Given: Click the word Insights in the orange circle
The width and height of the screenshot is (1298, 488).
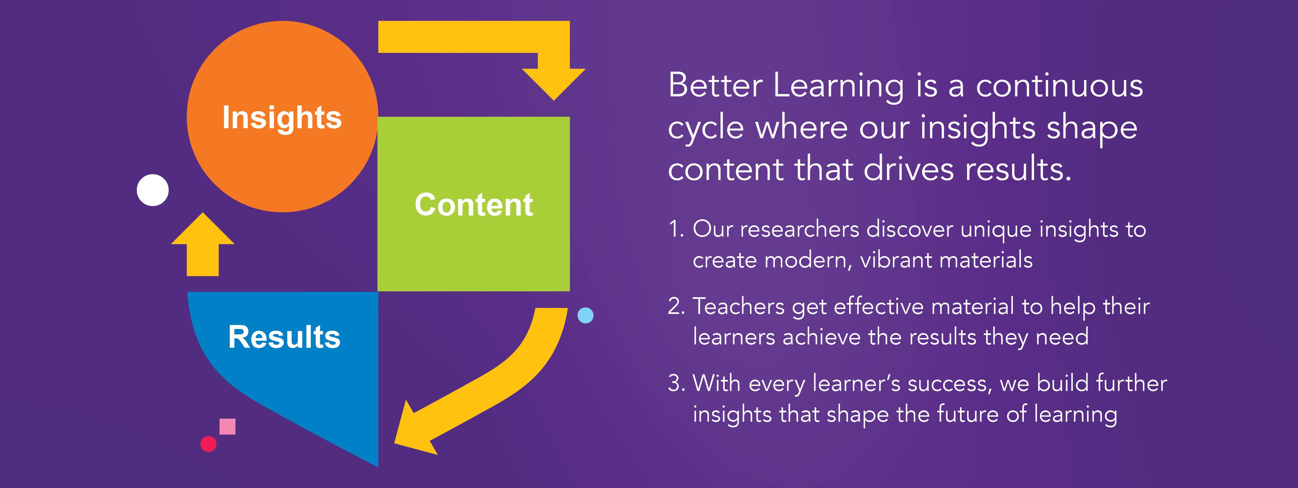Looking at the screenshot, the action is (x=282, y=118).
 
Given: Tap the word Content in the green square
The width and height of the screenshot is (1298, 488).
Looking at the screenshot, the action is (x=474, y=205).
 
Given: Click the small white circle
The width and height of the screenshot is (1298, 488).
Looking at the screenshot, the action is (x=153, y=190).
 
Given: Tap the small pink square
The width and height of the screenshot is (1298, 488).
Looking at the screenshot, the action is (x=227, y=426).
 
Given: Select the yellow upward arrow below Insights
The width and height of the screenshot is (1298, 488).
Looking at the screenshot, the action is (x=203, y=244).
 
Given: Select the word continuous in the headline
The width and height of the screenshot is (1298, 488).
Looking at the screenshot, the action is (x=1059, y=86).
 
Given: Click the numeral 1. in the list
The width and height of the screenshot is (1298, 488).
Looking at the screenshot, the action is (x=676, y=229).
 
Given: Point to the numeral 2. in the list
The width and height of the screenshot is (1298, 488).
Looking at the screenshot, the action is (x=676, y=306).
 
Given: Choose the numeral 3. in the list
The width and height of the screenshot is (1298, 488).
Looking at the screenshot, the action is (x=676, y=383).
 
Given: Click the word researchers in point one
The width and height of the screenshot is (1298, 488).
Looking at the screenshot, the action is (x=799, y=230).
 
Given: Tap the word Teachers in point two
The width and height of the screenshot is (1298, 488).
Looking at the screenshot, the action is (x=739, y=306).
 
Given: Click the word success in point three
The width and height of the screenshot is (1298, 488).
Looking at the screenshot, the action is (x=949, y=384).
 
